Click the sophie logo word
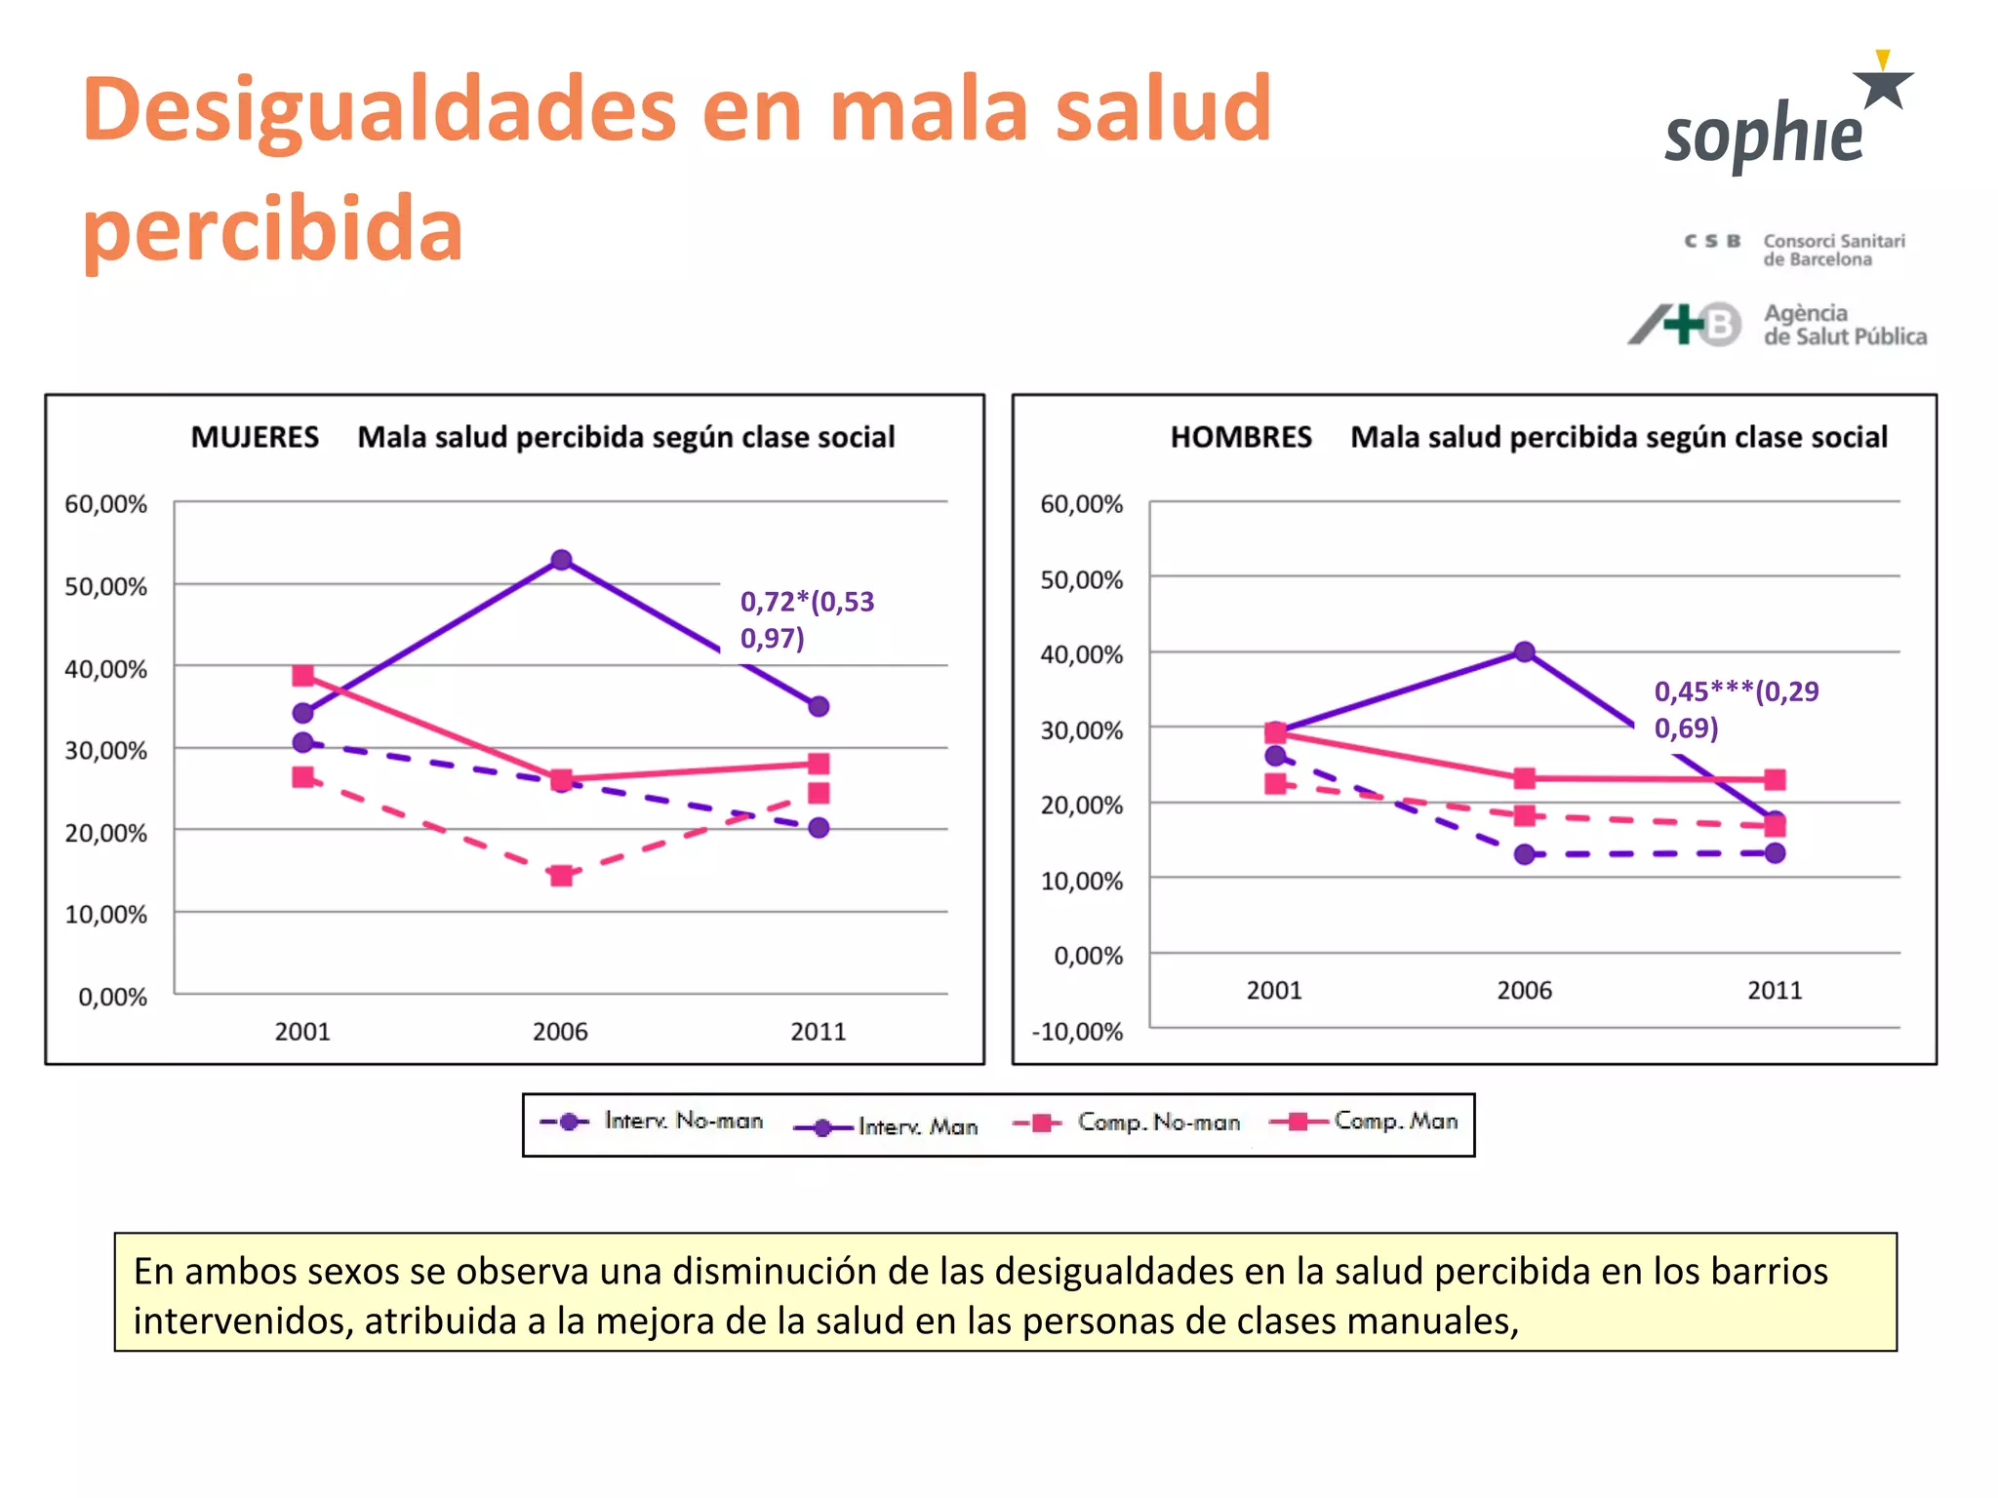tap(1764, 135)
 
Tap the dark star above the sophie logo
tap(1883, 88)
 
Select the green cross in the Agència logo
tap(1683, 324)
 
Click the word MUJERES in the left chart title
tap(255, 437)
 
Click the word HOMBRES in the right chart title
tap(1240, 437)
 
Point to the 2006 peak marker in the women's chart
tap(561, 560)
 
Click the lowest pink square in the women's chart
tap(561, 876)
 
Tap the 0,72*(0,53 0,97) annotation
tap(806, 619)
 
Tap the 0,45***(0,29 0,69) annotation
tap(1735, 709)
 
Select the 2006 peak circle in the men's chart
tap(1525, 651)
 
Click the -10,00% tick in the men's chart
tap(1078, 1032)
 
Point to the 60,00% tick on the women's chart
tap(105, 504)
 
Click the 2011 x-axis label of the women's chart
tap(818, 1032)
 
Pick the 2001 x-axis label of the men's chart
tap(1273, 991)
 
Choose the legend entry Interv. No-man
tap(682, 1122)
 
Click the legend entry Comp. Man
tap(1395, 1122)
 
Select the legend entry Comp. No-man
tap(1157, 1123)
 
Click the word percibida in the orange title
tap(272, 228)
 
